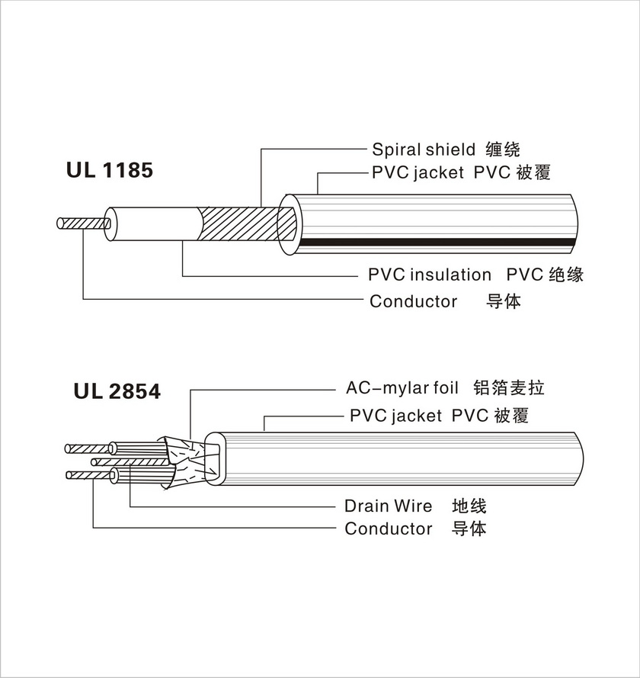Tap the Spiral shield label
pos(423,149)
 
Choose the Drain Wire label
pos(388,506)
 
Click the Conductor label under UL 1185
pos(413,301)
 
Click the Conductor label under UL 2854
pos(388,529)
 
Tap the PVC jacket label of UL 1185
pos(418,173)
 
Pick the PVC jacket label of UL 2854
pos(395,416)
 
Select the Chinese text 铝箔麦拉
pos(508,388)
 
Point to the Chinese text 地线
pos(469,506)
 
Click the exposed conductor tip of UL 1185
pos(80,224)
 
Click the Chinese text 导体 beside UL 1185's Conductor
pos(503,301)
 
